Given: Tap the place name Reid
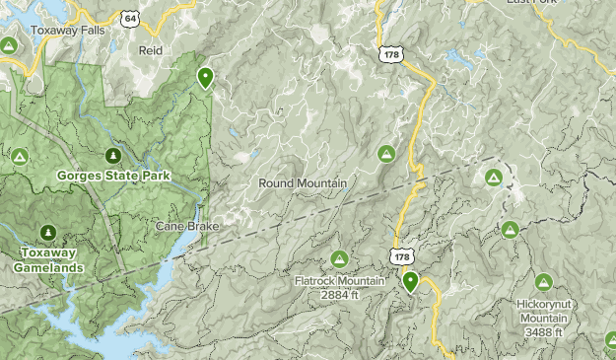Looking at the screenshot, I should (151, 48).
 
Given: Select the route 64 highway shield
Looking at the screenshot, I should (130, 18).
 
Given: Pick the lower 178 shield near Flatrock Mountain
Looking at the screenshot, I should (401, 256).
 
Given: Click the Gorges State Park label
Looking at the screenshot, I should (113, 176).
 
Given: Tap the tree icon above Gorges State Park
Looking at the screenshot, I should (112, 156).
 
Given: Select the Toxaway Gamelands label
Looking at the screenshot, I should (49, 259).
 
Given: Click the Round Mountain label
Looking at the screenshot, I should (303, 183).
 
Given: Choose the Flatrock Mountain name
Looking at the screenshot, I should (338, 281).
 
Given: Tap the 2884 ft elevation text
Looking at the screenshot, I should (338, 294).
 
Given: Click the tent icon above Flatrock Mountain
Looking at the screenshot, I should (338, 258).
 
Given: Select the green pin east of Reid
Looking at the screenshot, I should (205, 77).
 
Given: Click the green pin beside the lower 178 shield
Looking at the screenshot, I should (410, 282).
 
